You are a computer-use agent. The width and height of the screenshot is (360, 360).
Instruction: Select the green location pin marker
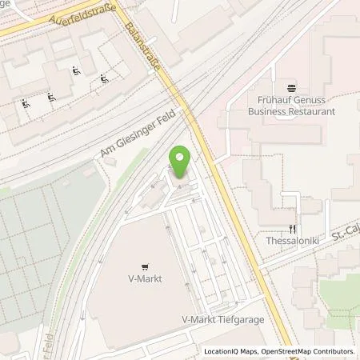pos(181,162)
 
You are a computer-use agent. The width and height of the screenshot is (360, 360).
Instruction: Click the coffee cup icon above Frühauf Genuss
pos(291,86)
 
